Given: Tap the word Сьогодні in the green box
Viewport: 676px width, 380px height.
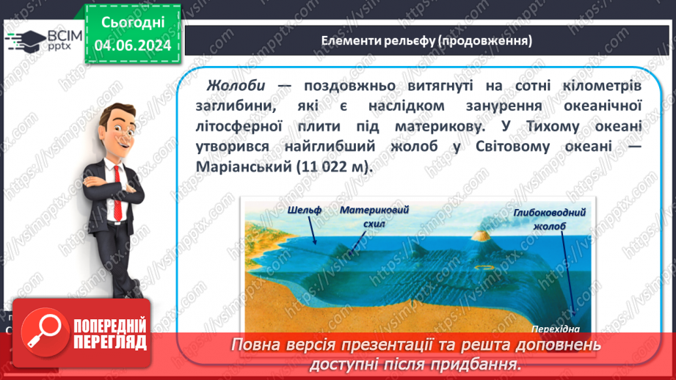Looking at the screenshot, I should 133,23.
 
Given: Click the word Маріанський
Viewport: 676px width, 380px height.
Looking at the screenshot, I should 244,167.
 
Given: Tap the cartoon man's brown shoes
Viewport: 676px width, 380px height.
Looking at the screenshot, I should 129,293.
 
